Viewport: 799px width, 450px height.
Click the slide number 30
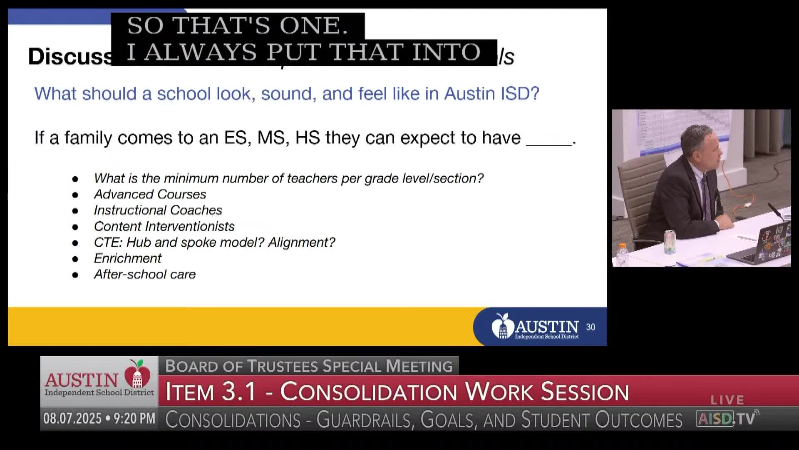point(591,327)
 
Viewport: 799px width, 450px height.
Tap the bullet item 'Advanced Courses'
point(150,194)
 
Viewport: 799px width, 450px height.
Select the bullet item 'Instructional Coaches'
point(158,210)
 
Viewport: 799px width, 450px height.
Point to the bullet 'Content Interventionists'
point(164,226)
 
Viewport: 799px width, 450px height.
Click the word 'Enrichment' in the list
point(127,258)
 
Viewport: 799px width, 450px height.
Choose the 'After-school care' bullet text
point(144,274)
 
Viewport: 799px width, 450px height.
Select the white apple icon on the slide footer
point(502,326)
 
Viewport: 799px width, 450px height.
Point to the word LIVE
point(727,400)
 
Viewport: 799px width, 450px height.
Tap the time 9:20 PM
point(134,418)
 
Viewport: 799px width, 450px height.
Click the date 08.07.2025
point(72,418)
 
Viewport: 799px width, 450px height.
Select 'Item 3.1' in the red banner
point(211,392)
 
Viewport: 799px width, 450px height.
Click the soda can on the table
point(670,242)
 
